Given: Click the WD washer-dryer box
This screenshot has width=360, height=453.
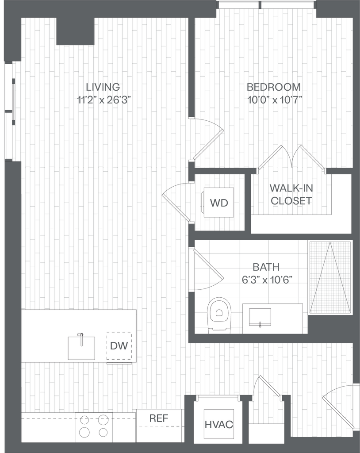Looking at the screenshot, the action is click(x=218, y=203).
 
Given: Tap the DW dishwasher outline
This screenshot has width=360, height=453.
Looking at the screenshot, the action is click(x=119, y=346).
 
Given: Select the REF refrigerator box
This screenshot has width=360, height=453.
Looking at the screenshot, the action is click(x=159, y=425).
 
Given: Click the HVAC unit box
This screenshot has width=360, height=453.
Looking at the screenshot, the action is click(x=218, y=424).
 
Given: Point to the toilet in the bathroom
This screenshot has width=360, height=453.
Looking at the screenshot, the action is click(x=219, y=315).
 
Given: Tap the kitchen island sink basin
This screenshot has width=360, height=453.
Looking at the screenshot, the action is click(x=81, y=348).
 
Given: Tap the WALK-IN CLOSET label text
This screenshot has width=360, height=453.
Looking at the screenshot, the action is click(x=290, y=194).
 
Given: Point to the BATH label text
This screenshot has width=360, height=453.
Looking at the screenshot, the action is click(x=266, y=267).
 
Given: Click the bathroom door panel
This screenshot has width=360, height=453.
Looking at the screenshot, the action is click(x=208, y=264).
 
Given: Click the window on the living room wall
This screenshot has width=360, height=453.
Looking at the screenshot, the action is click(x=14, y=100).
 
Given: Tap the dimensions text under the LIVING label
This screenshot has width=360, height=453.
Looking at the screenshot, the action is click(x=103, y=100).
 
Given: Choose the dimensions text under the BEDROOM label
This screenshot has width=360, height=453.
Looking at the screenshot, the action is click(x=274, y=100).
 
